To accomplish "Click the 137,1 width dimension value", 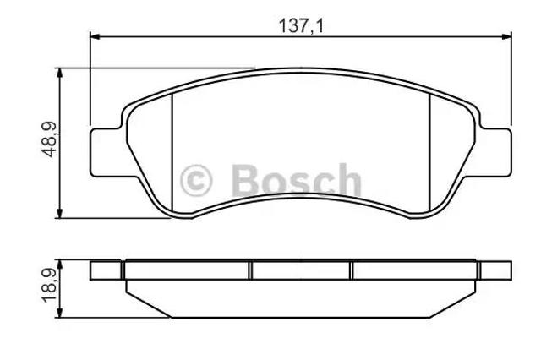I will [302, 26].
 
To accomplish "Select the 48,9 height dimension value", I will [48, 139].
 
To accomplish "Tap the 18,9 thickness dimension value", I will [48, 289].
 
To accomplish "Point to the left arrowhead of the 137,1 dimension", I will [95, 36].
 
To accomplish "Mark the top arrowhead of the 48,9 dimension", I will [60, 72].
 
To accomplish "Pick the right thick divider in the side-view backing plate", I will [352, 270].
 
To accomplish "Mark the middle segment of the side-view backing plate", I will [302, 270].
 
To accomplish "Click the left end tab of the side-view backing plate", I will [107, 270].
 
